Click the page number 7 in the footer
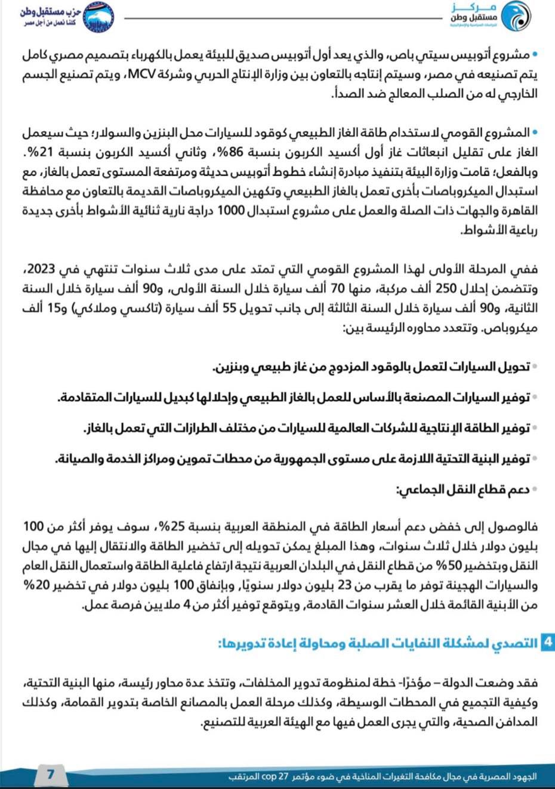click(x=50, y=774)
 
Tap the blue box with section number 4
click(x=547, y=642)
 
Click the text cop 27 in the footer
click(x=276, y=776)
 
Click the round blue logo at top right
click(x=515, y=17)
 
